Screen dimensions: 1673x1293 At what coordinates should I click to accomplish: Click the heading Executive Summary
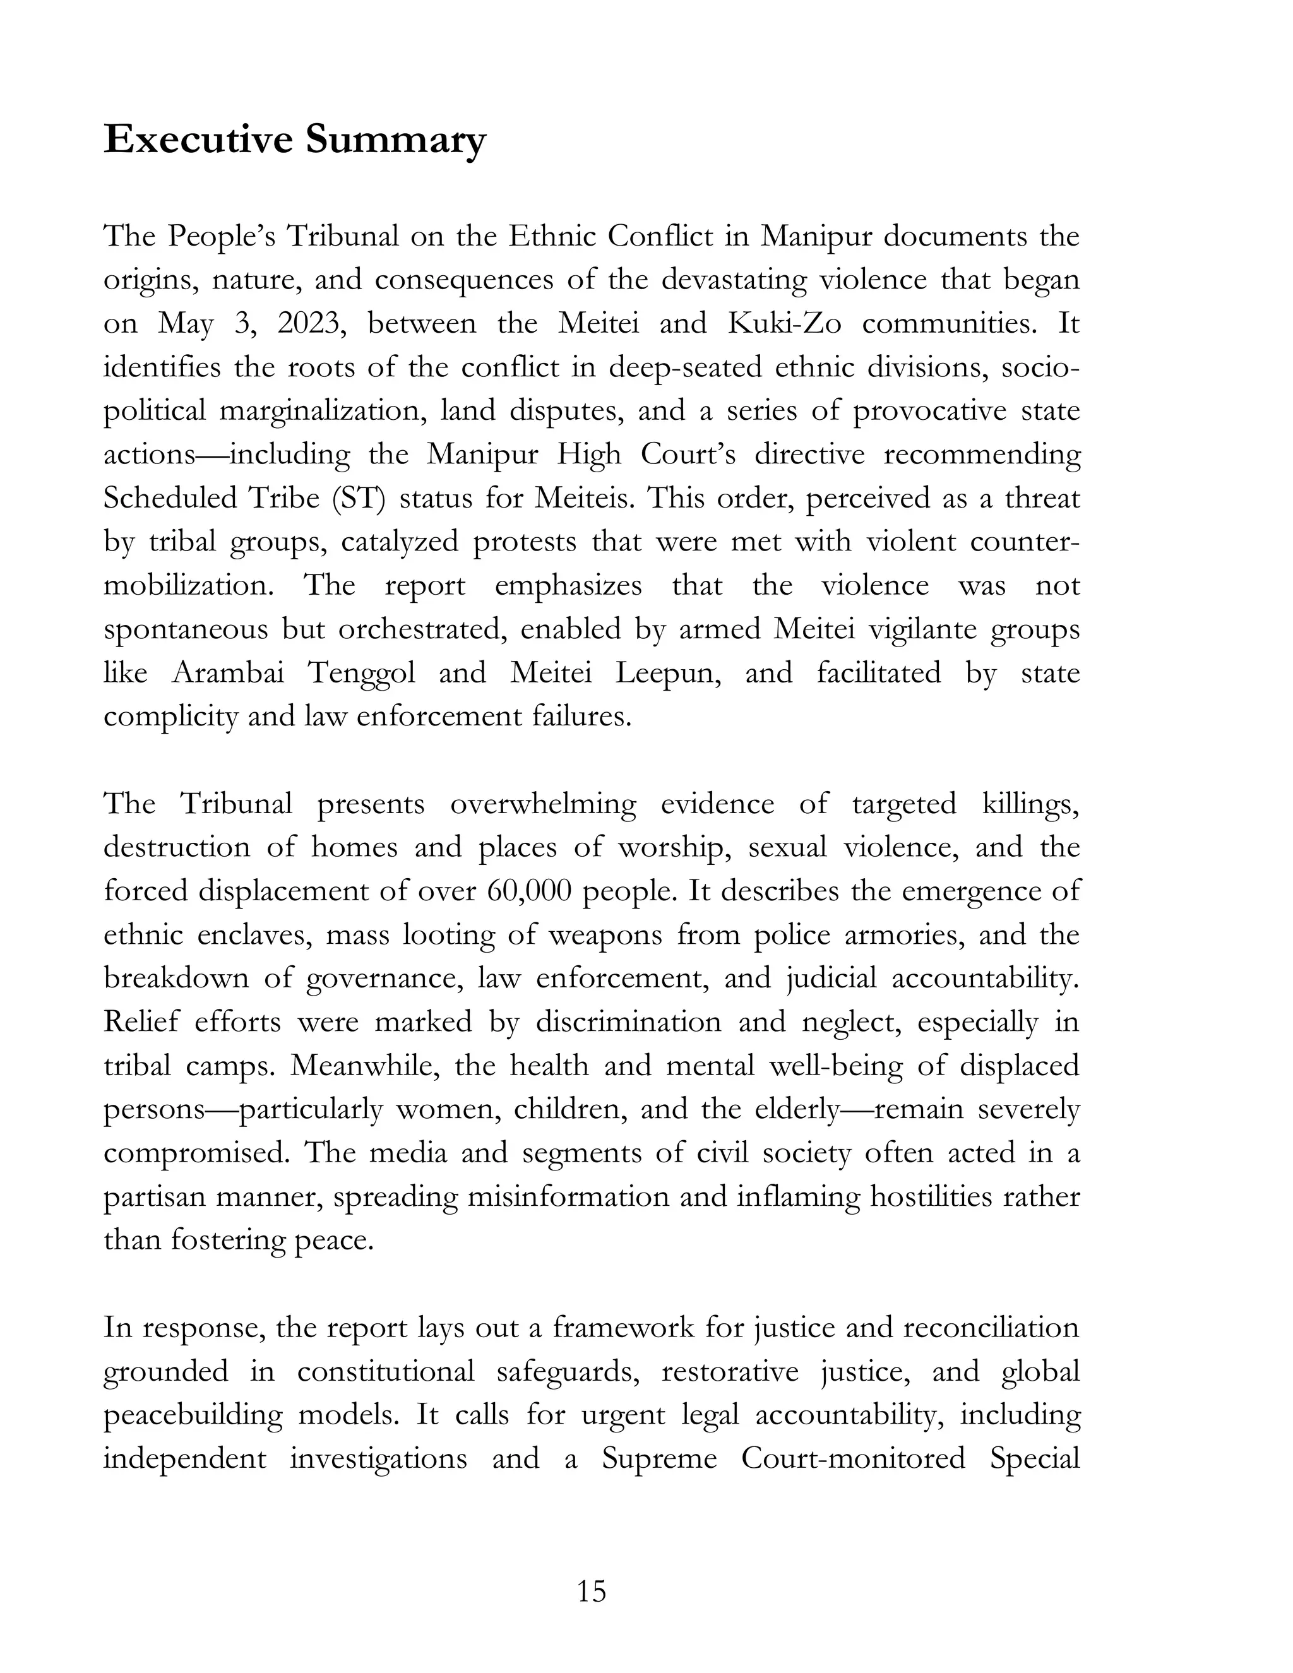295,140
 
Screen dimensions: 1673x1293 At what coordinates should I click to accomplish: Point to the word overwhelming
543,804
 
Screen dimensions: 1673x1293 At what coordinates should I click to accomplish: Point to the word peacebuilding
190,1415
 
